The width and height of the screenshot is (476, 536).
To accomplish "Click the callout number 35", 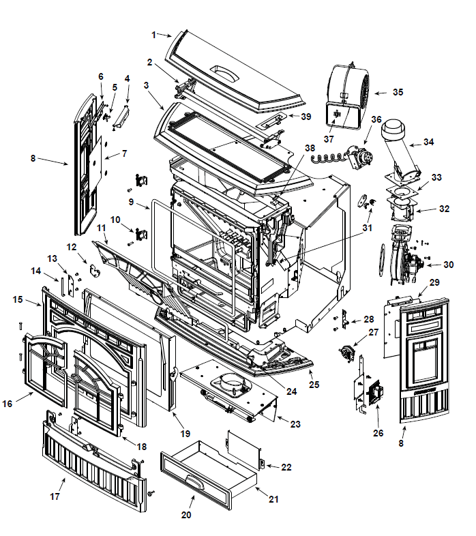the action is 398,92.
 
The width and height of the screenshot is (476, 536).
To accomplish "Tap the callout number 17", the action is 55,496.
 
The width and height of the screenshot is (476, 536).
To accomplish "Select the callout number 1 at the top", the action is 154,35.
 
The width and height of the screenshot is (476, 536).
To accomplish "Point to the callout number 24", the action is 291,391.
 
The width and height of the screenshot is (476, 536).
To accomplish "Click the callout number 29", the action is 434,282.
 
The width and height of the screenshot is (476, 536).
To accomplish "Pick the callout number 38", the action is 310,148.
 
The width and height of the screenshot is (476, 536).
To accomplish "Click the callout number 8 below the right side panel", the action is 401,443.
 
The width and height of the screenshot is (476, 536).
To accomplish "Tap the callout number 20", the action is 186,515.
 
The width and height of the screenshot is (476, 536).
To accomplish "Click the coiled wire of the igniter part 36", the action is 327,159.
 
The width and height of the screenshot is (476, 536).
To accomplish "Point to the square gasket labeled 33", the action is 403,192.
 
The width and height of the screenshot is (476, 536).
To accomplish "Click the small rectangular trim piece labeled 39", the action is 272,121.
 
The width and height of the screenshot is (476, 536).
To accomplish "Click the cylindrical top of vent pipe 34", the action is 394,130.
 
